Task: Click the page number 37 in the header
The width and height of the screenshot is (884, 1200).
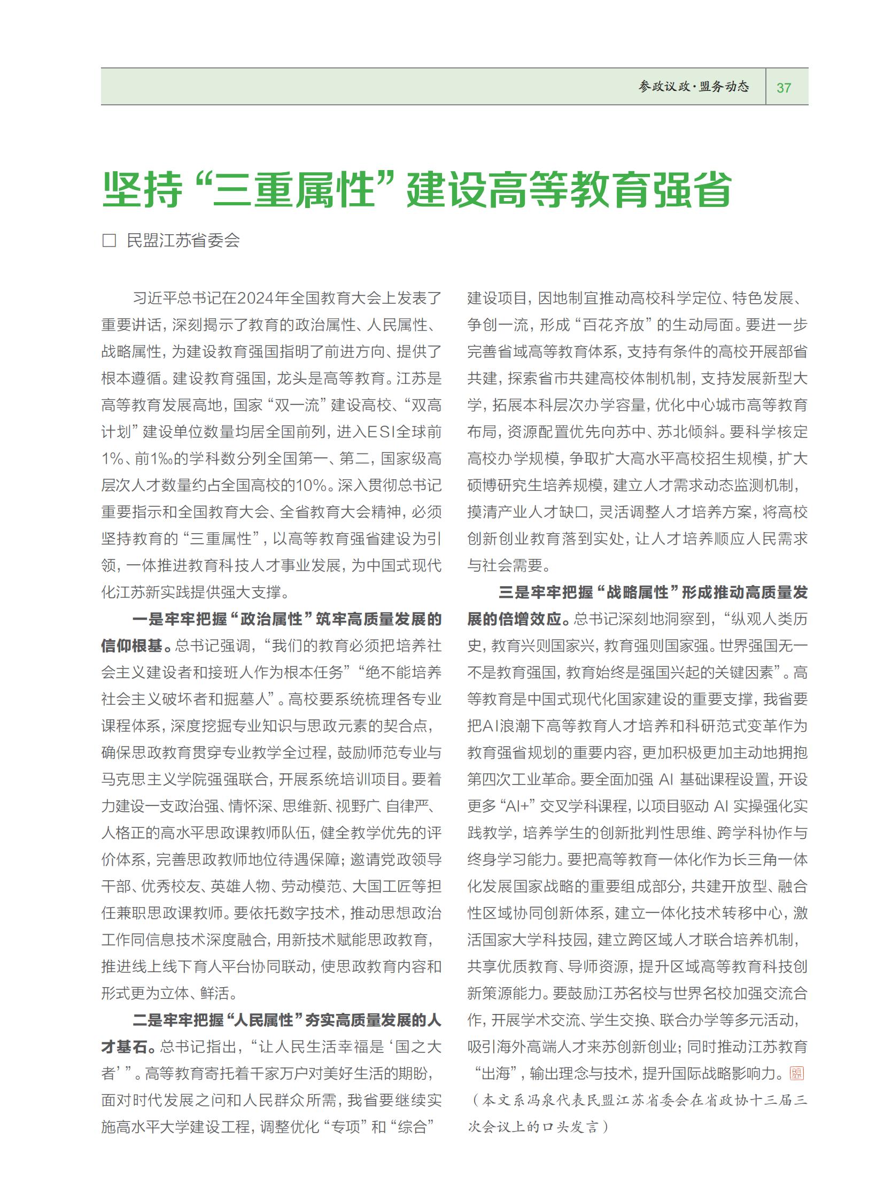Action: click(784, 87)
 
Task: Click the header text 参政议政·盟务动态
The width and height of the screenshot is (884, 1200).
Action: click(694, 87)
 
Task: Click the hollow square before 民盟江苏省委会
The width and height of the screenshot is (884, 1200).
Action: click(109, 241)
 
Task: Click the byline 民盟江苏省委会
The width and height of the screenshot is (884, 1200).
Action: click(183, 241)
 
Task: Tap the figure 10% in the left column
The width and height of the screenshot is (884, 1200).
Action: click(311, 485)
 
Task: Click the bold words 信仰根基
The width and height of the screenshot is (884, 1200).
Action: click(131, 646)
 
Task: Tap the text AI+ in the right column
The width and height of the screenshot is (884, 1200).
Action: click(516, 806)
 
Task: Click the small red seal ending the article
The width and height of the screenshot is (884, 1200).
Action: click(797, 1073)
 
